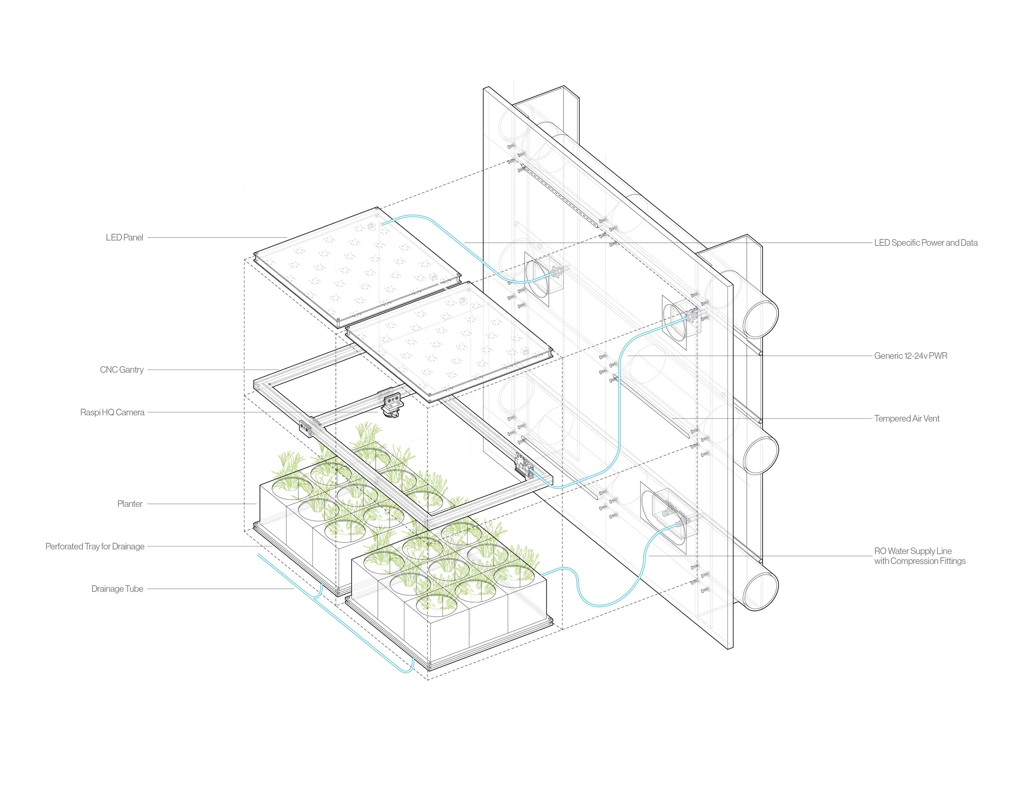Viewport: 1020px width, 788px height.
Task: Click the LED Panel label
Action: click(x=124, y=238)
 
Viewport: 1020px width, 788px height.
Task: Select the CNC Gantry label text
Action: click(x=122, y=370)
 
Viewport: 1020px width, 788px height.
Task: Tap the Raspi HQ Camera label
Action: click(x=112, y=412)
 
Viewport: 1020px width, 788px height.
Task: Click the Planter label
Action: click(x=129, y=504)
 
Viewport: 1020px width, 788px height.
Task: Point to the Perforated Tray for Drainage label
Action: click(x=94, y=546)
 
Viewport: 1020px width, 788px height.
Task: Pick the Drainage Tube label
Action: click(x=117, y=589)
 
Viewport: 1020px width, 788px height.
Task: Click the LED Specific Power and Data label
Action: click(x=926, y=243)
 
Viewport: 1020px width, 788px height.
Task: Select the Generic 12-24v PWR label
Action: click(x=910, y=356)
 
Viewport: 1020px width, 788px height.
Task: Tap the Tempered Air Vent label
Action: click(x=907, y=419)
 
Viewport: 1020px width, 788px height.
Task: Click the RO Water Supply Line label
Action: click(x=913, y=551)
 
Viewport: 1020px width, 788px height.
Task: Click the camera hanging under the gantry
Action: click(x=390, y=411)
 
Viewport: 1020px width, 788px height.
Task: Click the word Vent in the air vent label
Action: click(x=931, y=419)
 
